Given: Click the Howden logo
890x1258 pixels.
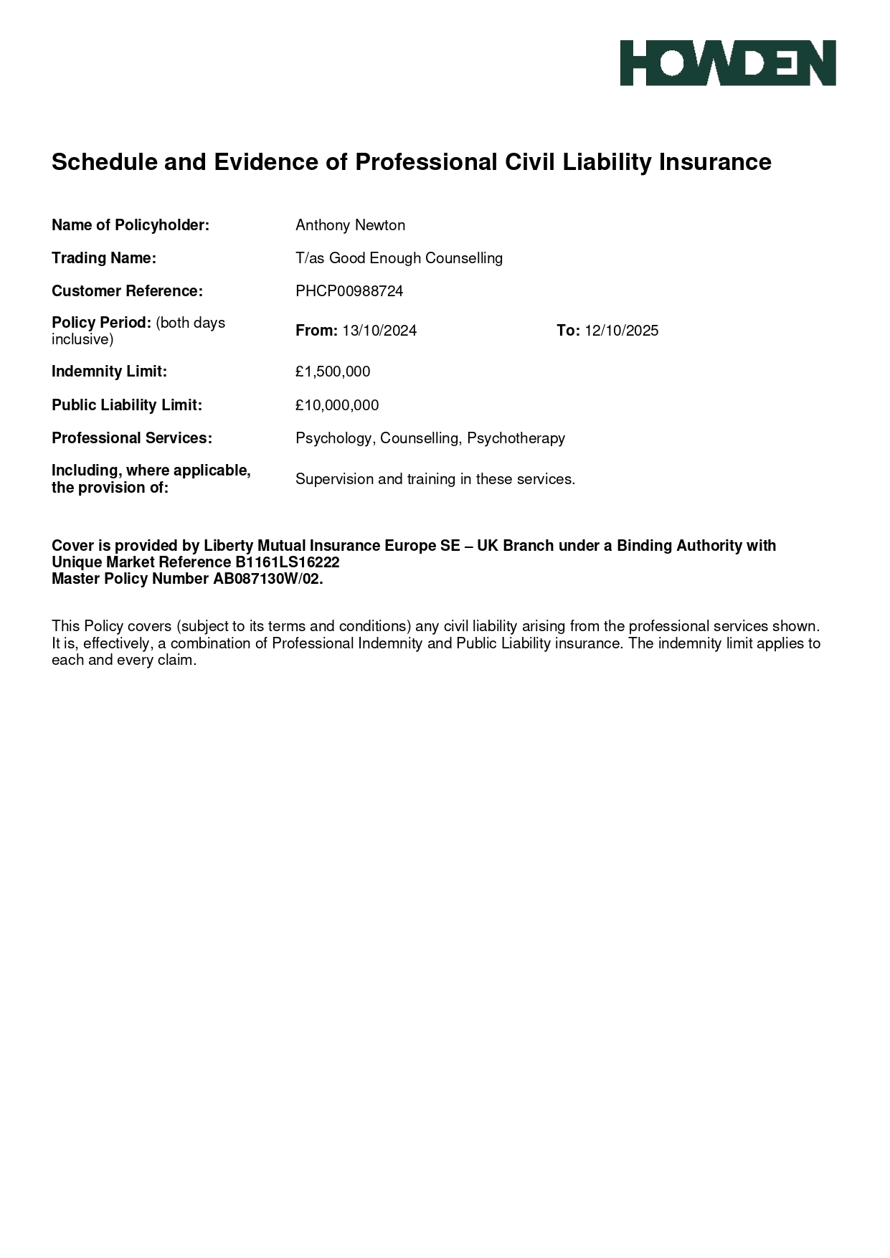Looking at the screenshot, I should click(727, 63).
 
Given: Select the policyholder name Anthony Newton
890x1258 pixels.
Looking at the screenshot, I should click(350, 225).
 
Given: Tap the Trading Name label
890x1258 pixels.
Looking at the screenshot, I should click(103, 258).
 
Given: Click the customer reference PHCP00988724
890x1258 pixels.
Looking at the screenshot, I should click(349, 291).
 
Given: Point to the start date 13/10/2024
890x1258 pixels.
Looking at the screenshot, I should click(379, 331).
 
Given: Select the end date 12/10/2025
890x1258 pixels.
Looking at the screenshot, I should click(621, 331).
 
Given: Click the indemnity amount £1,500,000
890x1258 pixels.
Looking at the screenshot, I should click(333, 372).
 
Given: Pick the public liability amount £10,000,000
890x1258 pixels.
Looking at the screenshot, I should click(337, 405).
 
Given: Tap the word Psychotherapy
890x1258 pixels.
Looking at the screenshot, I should click(516, 438).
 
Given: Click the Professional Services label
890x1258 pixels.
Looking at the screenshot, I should click(132, 438).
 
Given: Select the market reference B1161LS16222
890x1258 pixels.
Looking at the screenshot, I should click(287, 562).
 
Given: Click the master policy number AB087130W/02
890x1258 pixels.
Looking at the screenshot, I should click(268, 579).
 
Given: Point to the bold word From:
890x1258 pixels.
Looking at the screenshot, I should click(316, 331).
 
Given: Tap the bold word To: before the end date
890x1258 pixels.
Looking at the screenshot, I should click(568, 331).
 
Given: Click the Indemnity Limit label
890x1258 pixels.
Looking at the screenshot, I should click(109, 372).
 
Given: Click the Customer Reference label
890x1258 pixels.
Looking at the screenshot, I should click(127, 291).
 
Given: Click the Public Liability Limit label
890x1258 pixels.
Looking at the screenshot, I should click(126, 405).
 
